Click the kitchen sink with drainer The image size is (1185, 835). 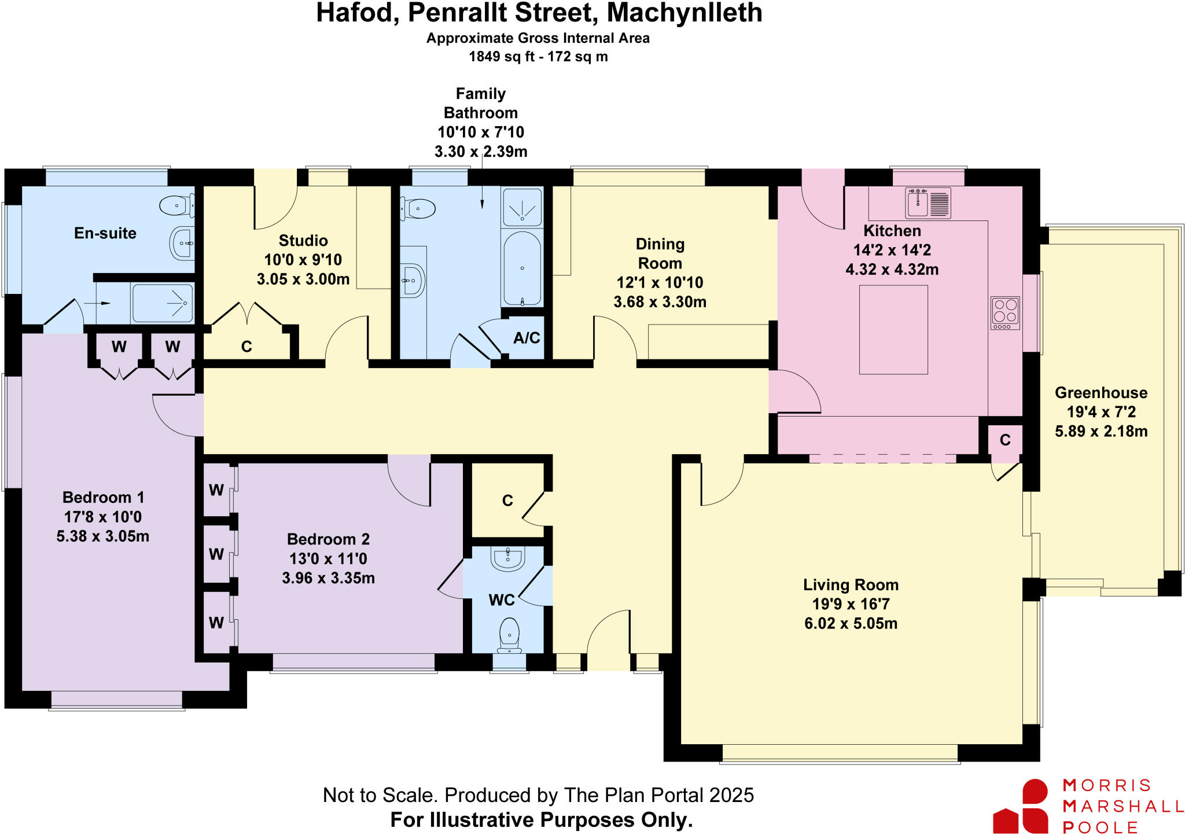(x=928, y=203)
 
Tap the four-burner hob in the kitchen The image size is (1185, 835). (x=1005, y=313)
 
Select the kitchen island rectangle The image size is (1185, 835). (x=893, y=329)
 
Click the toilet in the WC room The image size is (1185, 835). (x=509, y=634)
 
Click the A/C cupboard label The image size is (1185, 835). (x=527, y=338)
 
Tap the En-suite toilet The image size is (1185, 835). (x=175, y=205)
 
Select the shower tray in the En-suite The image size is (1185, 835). (x=162, y=303)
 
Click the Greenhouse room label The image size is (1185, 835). (x=1101, y=393)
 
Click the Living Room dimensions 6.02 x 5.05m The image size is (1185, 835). (x=851, y=623)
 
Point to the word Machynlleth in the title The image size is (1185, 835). (x=684, y=13)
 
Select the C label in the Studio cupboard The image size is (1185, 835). (x=246, y=347)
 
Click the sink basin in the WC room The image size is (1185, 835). (x=508, y=558)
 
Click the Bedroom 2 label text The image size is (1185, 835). (x=328, y=539)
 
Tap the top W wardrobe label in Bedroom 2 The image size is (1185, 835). (x=216, y=490)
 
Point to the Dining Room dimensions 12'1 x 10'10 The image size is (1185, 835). (x=660, y=282)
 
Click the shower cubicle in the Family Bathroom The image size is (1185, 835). (x=522, y=207)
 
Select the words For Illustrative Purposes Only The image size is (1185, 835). (x=541, y=819)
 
